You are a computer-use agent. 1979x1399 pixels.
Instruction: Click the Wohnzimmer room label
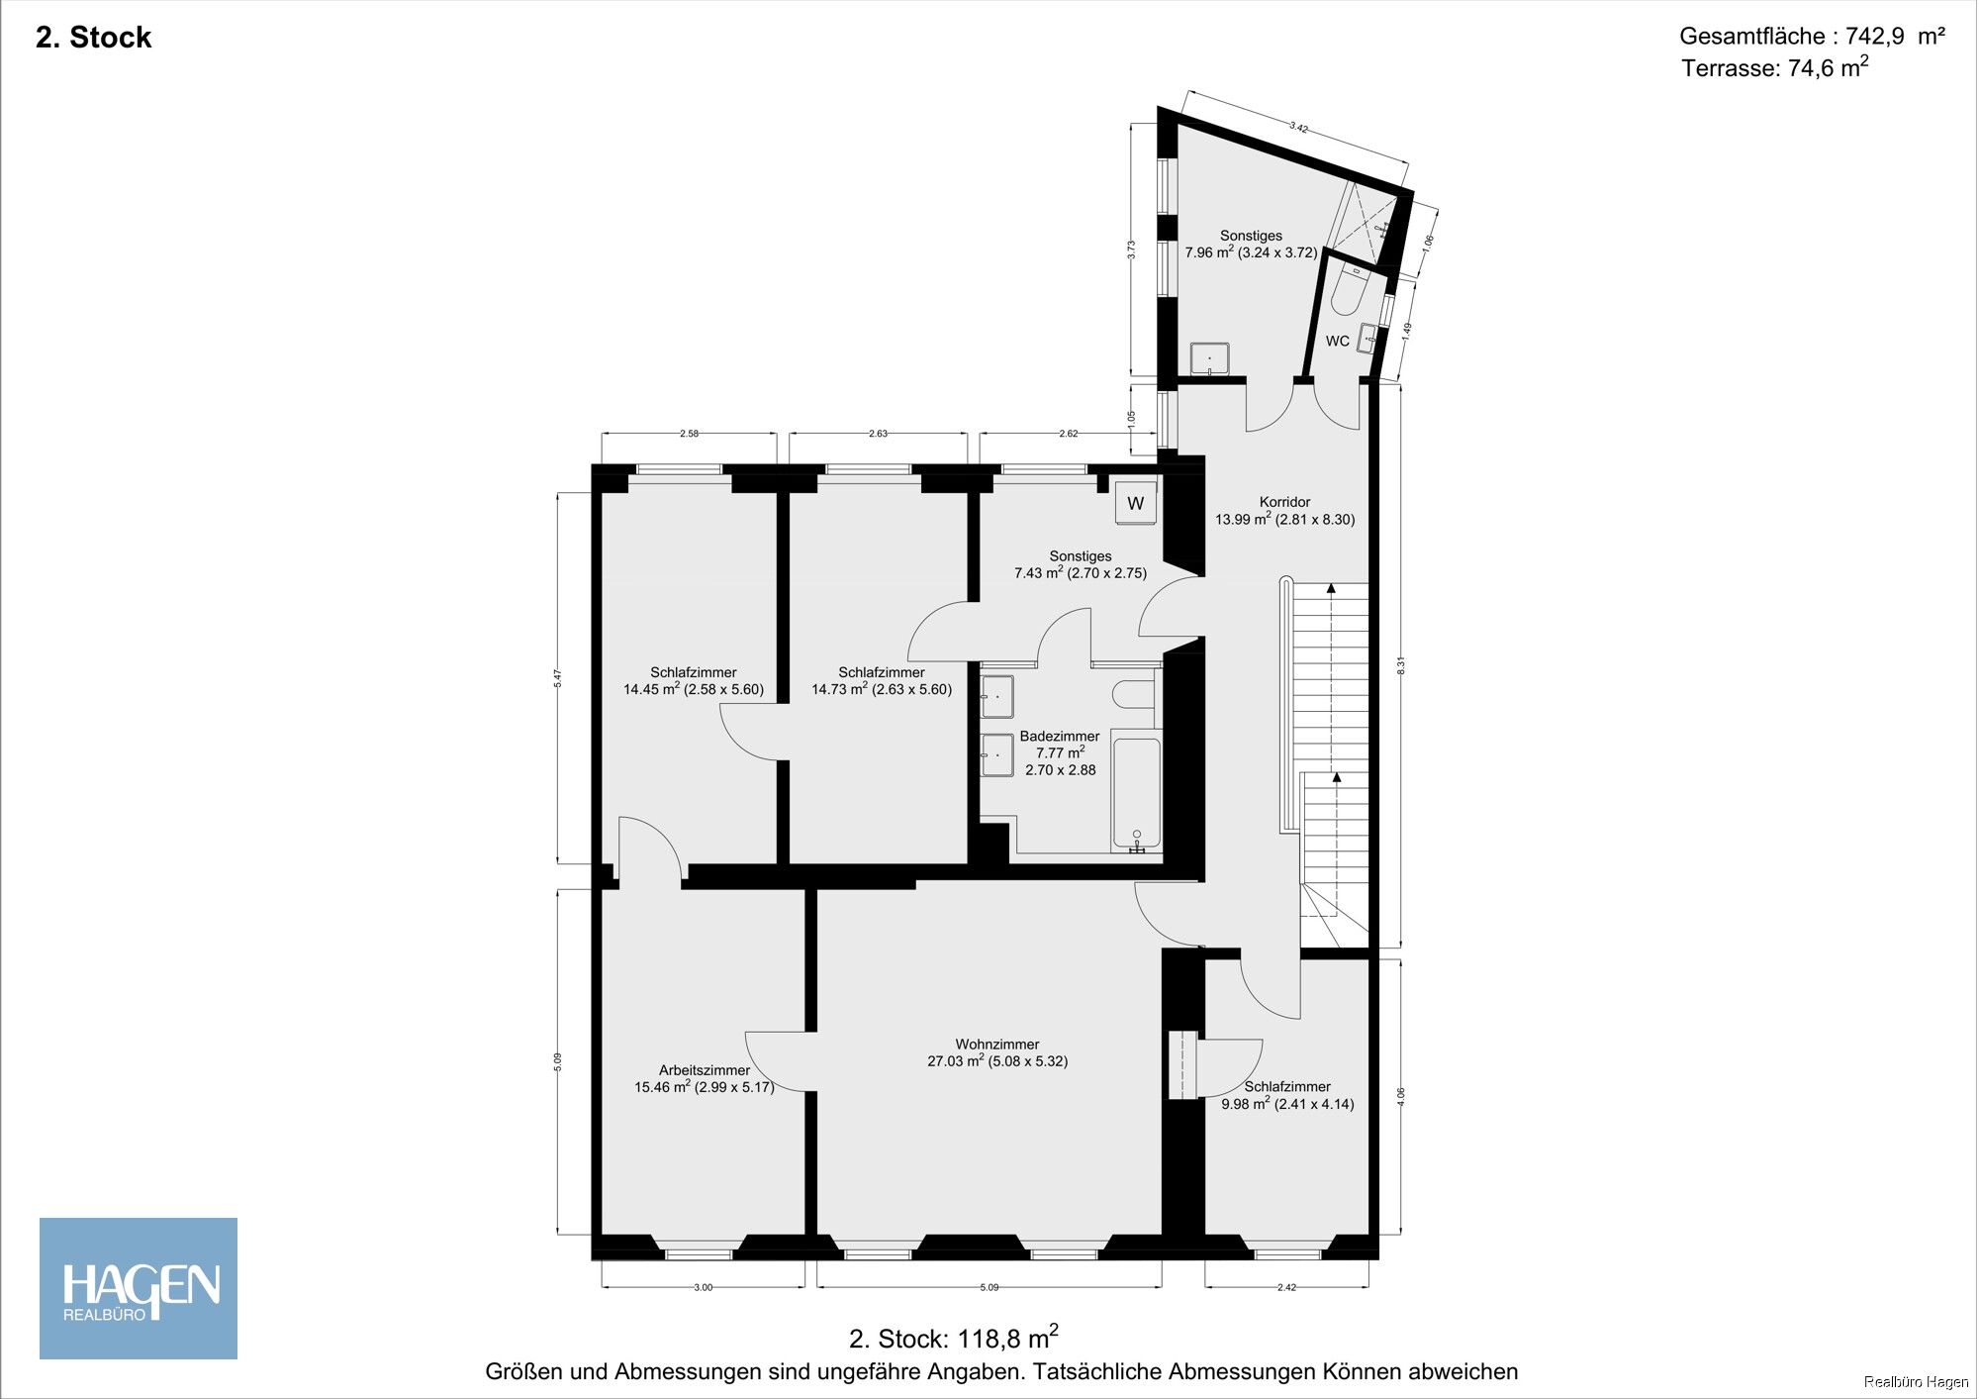click(997, 1044)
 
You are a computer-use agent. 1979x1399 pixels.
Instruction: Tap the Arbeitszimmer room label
click(705, 1069)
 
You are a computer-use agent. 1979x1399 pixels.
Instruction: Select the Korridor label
click(1284, 502)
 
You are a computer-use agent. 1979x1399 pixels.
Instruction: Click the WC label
click(1337, 342)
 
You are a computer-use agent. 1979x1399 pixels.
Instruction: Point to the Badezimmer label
click(1060, 737)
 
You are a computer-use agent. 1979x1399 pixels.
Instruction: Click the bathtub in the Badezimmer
click(1136, 791)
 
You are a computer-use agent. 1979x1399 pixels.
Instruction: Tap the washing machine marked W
click(1135, 503)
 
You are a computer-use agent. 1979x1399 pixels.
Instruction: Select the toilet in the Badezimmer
click(1134, 693)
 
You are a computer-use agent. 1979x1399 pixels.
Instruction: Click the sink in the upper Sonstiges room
click(1209, 357)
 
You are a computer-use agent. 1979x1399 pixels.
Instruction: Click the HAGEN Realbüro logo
click(139, 1288)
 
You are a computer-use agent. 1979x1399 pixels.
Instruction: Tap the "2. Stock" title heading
click(94, 38)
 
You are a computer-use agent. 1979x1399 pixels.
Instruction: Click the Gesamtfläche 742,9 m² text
click(1812, 37)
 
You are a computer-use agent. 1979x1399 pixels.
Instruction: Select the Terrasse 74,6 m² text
click(1775, 67)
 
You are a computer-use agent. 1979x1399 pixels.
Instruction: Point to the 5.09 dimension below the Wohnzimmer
click(989, 1287)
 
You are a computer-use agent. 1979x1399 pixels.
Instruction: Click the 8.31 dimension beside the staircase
click(1400, 666)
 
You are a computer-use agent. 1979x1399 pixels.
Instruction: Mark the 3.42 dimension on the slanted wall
click(1298, 127)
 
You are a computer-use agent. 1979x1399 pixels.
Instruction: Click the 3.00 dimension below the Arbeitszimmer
click(703, 1287)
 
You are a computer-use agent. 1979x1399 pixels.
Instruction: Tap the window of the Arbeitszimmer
click(699, 1254)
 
